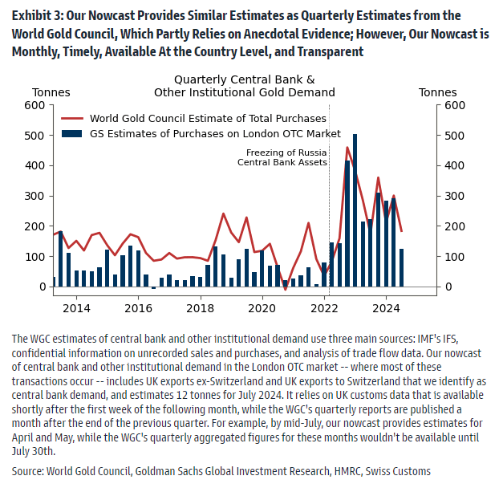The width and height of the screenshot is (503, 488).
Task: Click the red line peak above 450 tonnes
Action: click(x=347, y=148)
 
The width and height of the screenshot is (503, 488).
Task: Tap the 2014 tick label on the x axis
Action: click(x=76, y=307)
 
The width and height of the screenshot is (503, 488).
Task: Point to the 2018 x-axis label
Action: click(x=201, y=307)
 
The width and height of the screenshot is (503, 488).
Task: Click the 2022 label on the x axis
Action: click(x=324, y=307)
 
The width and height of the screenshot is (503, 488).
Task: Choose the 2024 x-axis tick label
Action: click(x=386, y=307)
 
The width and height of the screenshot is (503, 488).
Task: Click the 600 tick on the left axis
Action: click(x=34, y=105)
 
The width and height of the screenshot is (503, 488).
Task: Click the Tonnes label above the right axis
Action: click(x=438, y=92)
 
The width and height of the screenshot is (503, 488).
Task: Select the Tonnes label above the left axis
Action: click(x=51, y=92)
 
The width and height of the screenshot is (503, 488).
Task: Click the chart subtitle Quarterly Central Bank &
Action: click(x=244, y=79)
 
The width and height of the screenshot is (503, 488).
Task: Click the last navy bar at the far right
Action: click(x=401, y=267)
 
